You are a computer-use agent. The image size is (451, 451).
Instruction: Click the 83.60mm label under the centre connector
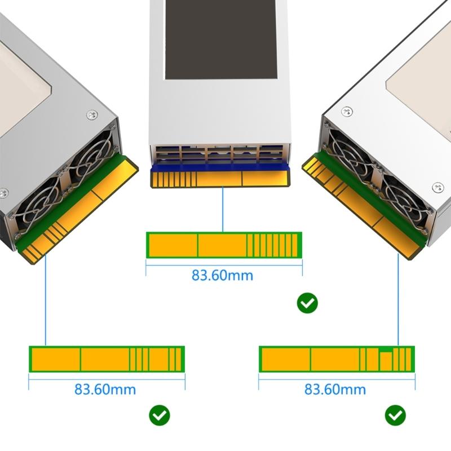[x=222, y=276]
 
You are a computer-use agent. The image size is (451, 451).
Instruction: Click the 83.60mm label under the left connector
[x=105, y=390]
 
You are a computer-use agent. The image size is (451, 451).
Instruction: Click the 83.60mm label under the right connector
[x=335, y=390]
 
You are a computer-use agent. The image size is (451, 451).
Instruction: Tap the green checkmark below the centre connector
[x=307, y=303]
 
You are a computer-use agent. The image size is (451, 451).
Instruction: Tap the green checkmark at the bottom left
[x=160, y=415]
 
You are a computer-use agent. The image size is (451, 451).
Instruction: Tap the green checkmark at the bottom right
[x=395, y=415]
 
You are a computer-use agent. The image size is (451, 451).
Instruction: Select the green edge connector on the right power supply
[x=361, y=203]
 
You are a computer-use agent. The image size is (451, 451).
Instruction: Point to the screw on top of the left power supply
[x=92, y=115]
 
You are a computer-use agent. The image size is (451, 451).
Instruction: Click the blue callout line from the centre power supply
[x=223, y=209]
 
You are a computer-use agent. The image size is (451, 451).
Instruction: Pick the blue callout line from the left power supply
[x=45, y=299]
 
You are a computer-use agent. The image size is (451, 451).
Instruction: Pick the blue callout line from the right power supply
[x=398, y=299]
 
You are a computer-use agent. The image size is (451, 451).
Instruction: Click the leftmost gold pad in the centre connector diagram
[x=173, y=245]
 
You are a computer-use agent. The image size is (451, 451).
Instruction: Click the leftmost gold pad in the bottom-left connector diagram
[x=56, y=359]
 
